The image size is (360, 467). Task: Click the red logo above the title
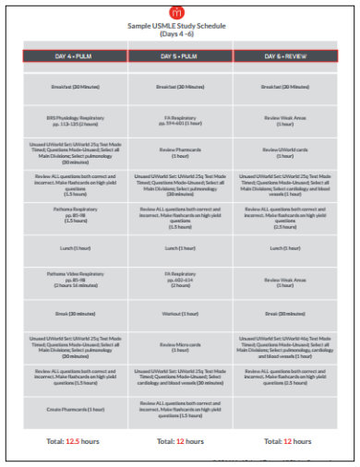coord(179,12)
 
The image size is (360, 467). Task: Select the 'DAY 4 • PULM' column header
coord(77,56)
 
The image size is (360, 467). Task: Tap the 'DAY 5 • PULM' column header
coord(180,56)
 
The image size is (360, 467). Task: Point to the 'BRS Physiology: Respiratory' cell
coord(77,120)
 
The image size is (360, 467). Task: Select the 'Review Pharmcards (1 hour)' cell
coord(180,150)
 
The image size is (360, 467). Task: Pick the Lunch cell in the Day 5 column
coord(180,247)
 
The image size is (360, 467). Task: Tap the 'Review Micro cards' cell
coord(180,347)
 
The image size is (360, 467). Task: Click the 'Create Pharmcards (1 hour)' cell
coord(77,409)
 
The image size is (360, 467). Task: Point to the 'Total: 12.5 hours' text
coord(77,440)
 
